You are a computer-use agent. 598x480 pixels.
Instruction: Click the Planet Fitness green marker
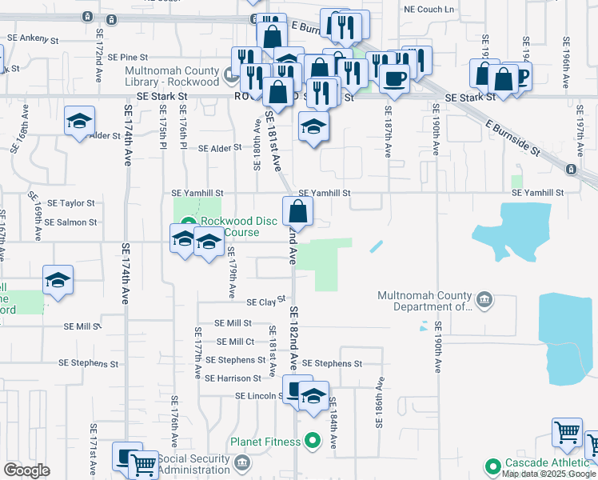313,441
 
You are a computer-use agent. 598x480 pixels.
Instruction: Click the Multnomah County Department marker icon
484,300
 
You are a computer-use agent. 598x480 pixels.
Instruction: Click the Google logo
26,470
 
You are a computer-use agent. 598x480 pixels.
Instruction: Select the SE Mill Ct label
235,342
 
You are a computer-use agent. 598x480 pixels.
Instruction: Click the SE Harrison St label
233,378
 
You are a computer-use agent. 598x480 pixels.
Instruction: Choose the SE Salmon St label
70,222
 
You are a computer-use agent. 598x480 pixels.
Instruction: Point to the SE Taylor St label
70,204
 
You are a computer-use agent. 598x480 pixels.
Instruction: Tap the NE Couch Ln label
429,10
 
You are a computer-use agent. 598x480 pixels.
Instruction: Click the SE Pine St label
128,58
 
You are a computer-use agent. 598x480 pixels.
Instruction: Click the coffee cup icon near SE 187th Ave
393,78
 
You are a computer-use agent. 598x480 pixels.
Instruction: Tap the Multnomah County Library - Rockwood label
172,76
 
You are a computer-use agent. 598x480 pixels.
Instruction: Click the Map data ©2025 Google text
549,474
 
